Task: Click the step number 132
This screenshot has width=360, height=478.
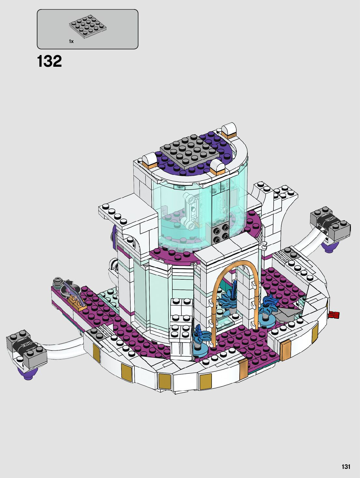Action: point(49,61)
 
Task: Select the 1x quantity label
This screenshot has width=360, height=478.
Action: point(71,41)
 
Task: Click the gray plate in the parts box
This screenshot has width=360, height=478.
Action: point(88,27)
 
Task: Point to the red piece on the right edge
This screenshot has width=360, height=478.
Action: point(334,315)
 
